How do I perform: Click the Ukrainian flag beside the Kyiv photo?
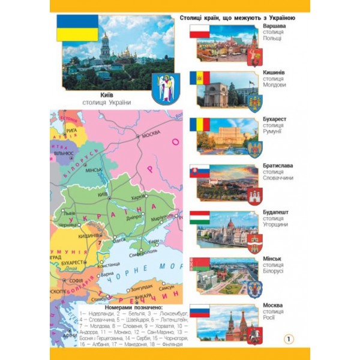77,28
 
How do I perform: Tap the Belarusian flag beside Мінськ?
199,264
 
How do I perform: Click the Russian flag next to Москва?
199,312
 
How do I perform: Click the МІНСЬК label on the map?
94,170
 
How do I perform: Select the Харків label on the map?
139,197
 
